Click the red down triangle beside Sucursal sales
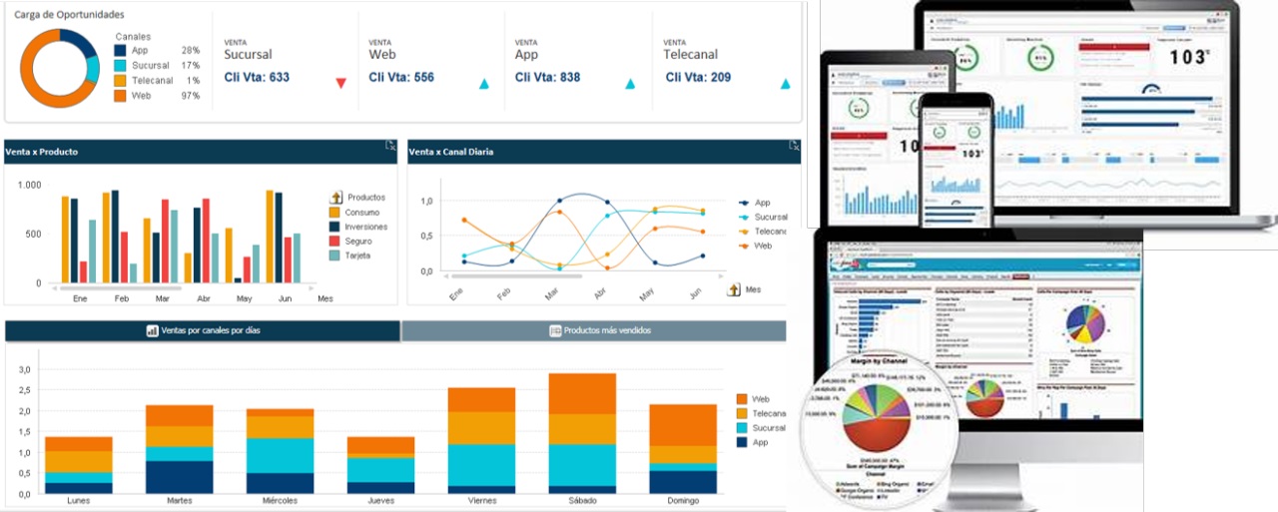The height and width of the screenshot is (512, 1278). click(340, 84)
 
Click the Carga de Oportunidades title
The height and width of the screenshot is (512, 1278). click(69, 15)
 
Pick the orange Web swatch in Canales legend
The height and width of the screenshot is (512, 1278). click(121, 96)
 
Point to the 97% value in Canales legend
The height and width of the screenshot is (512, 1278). click(190, 96)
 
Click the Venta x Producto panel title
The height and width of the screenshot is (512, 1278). click(42, 152)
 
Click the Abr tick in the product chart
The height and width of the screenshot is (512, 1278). click(204, 298)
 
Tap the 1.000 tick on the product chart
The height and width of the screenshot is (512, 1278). click(29, 186)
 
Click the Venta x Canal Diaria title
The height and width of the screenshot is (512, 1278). click(451, 152)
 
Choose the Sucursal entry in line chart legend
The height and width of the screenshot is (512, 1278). click(770, 217)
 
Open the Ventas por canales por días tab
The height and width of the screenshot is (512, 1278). click(204, 330)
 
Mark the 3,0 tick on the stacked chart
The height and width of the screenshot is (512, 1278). click(26, 369)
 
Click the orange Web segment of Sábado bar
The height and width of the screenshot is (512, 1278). click(583, 393)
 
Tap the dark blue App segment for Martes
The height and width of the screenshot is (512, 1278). click(179, 477)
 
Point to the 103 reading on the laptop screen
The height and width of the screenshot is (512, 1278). click(1188, 57)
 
